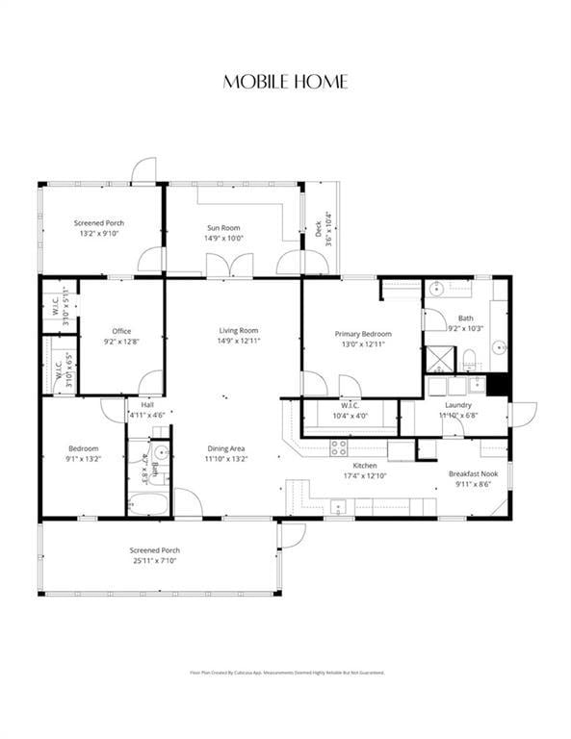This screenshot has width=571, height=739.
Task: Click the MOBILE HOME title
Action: [285, 82]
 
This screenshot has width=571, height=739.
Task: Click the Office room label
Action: [121, 331]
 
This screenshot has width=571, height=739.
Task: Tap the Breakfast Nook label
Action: [473, 473]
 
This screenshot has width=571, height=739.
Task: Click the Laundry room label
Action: [458, 405]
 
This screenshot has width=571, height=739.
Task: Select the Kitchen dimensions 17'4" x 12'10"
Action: [364, 475]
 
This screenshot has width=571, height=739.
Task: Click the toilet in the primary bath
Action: [469, 361]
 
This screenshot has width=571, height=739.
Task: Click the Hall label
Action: [146, 405]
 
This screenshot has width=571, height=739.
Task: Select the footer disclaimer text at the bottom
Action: [285, 673]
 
